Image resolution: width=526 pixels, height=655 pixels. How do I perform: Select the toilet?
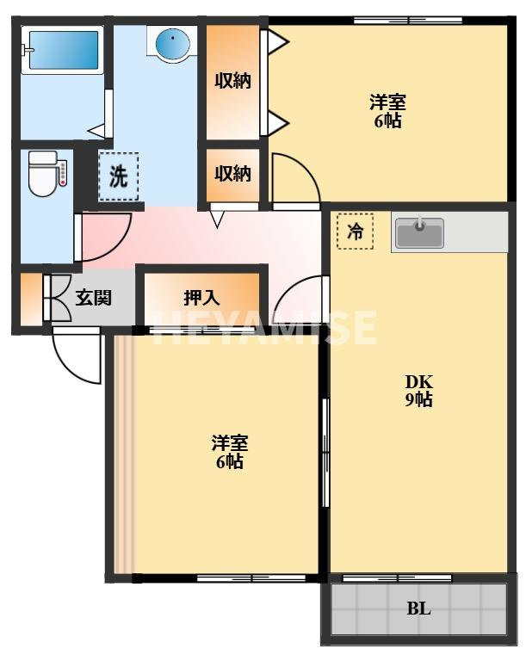point(43,173)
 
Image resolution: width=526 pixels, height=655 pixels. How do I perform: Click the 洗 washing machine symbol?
point(118,176)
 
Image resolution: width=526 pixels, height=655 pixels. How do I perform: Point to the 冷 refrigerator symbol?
point(355,231)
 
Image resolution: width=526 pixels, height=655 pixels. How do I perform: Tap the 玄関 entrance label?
point(92,298)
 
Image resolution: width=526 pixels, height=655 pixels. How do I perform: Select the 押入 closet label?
point(201,298)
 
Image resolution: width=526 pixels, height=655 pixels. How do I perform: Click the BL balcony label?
point(418,609)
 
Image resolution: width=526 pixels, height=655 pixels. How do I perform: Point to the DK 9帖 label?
point(419,390)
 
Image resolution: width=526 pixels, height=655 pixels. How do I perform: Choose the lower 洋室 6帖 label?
point(230,452)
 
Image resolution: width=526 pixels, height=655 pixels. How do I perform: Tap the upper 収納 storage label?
point(232,81)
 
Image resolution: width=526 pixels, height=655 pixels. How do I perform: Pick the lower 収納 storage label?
point(232,173)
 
